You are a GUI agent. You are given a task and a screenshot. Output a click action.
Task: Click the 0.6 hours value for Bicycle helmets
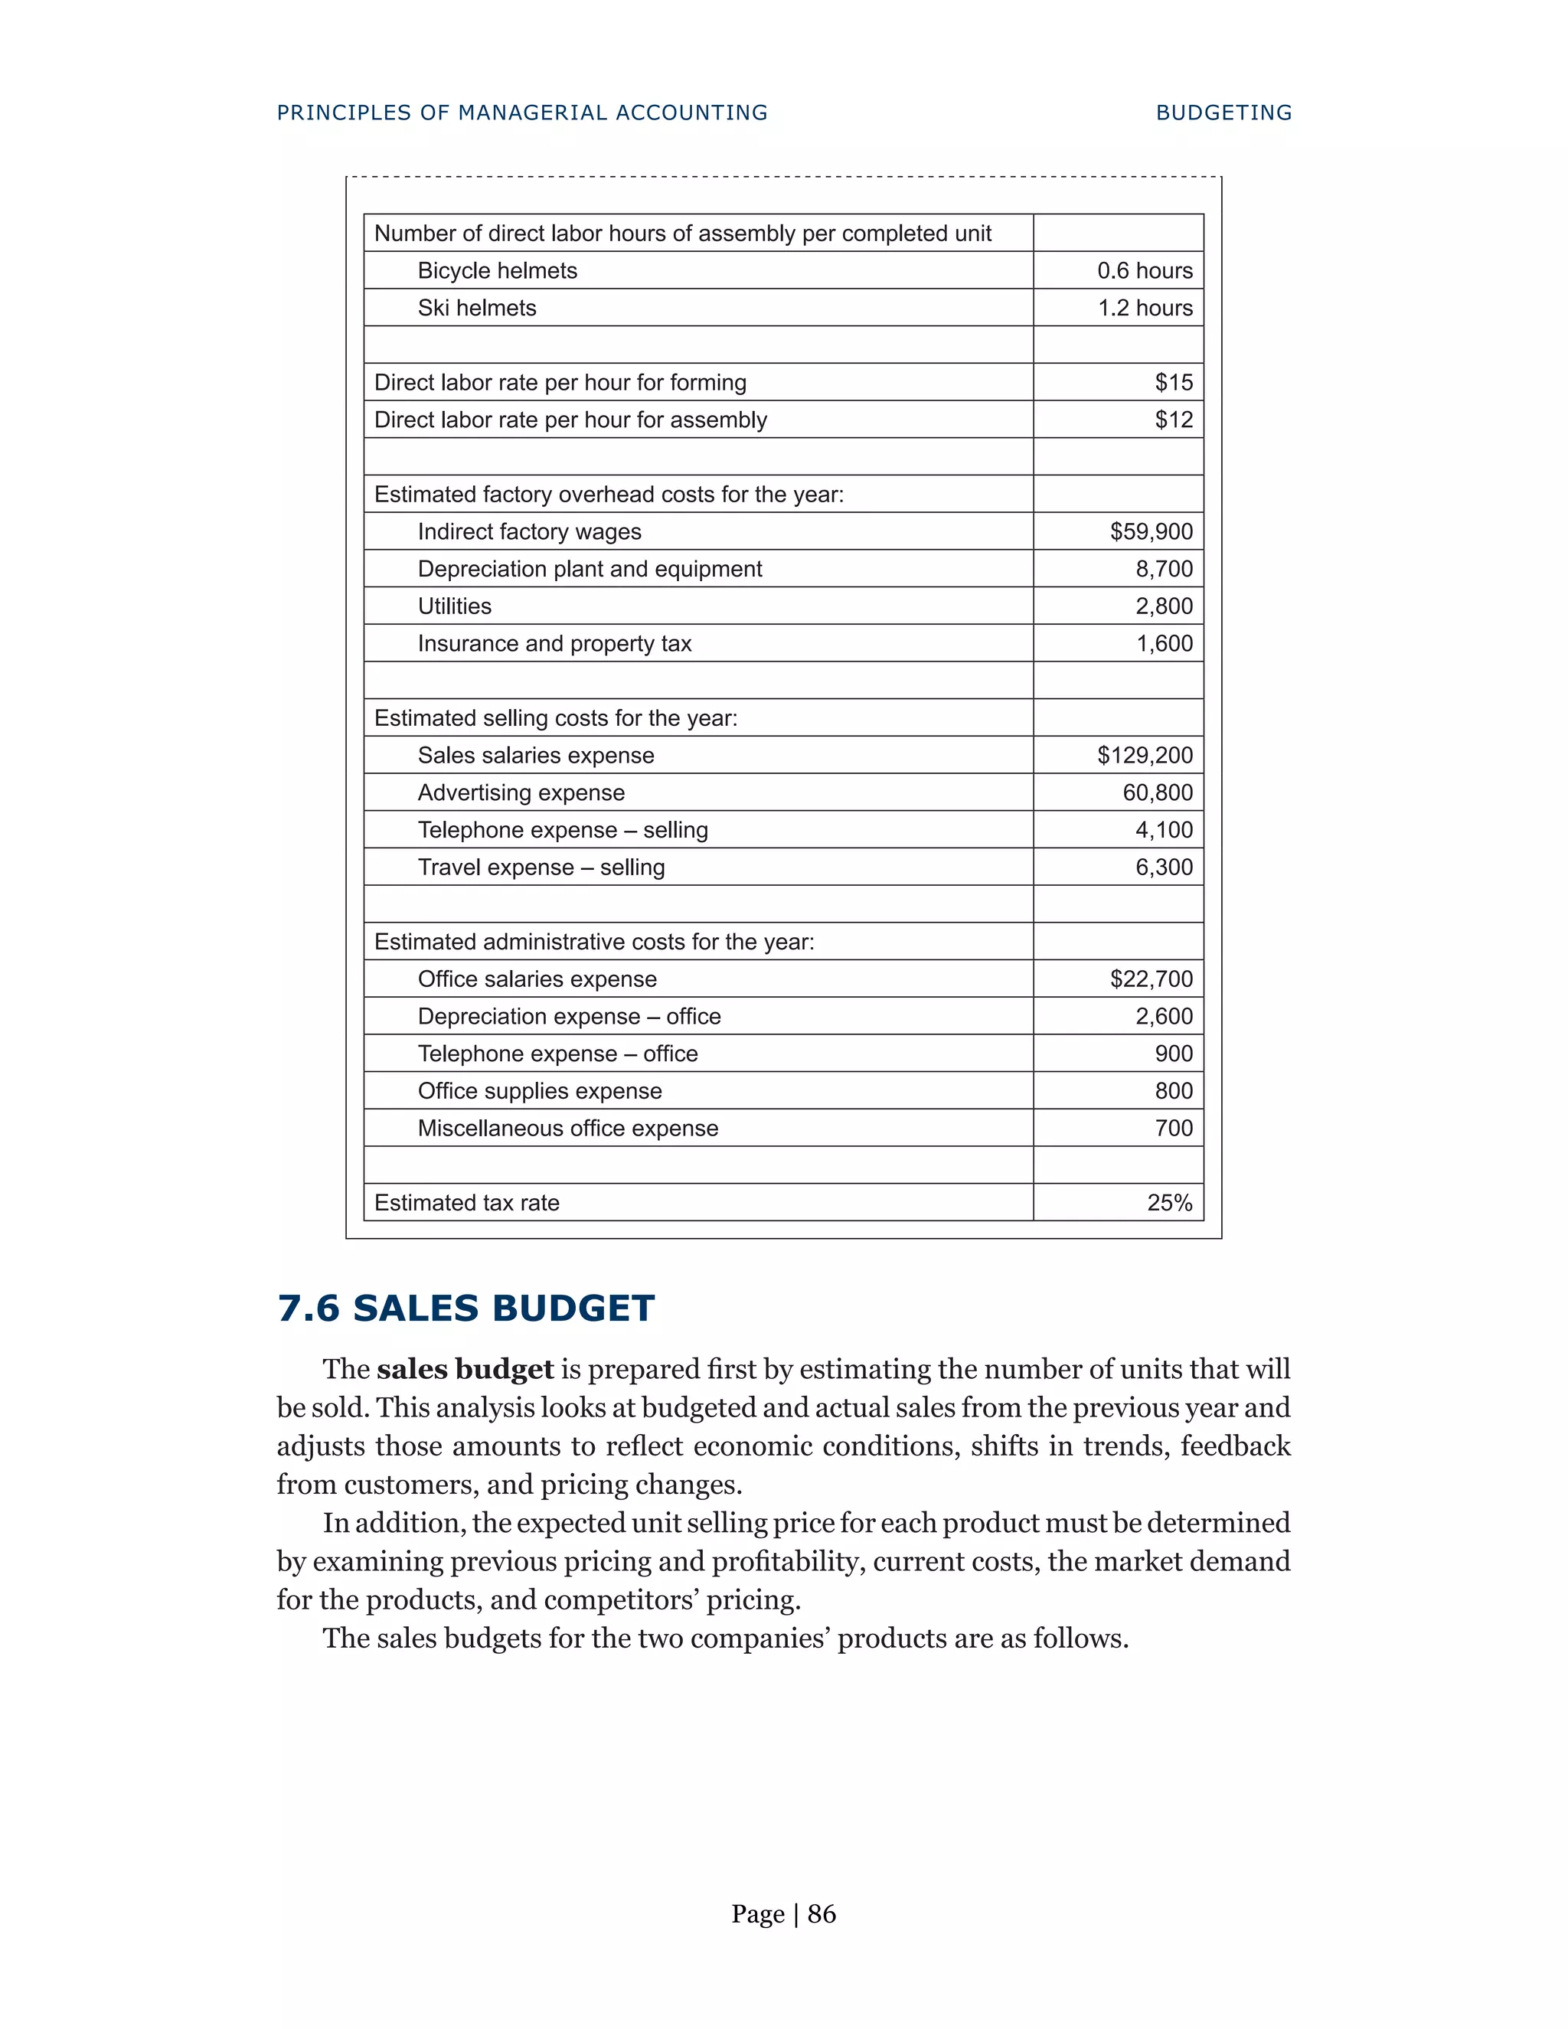coord(1144,270)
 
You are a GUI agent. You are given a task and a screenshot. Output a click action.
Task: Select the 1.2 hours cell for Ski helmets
coord(1145,308)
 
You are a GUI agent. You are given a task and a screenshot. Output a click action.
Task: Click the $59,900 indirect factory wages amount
coord(1151,531)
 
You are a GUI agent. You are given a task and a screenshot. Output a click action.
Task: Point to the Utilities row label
coord(454,606)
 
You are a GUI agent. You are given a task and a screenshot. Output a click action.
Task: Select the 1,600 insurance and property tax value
coord(1164,644)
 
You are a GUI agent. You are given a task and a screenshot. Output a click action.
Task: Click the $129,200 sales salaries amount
coord(1145,755)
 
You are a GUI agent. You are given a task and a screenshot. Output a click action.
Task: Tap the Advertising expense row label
coord(521,792)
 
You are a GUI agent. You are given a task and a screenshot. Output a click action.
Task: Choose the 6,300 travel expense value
coord(1164,867)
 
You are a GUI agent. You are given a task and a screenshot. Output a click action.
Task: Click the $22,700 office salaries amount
coord(1151,979)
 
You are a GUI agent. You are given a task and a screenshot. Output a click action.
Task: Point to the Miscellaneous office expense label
coord(567,1128)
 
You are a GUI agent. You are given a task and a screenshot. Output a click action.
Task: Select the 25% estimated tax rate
coord(1170,1203)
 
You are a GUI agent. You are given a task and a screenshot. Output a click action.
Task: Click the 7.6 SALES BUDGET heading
coord(465,1308)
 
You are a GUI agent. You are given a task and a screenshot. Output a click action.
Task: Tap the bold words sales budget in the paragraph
coord(465,1370)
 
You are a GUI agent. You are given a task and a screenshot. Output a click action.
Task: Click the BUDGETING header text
coord(1223,113)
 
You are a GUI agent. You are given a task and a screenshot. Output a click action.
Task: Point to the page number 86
coord(822,1914)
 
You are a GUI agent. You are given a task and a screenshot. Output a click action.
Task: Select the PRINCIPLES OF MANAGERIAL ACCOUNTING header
coord(522,113)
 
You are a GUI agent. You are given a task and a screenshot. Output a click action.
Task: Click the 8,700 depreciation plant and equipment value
coord(1164,569)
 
